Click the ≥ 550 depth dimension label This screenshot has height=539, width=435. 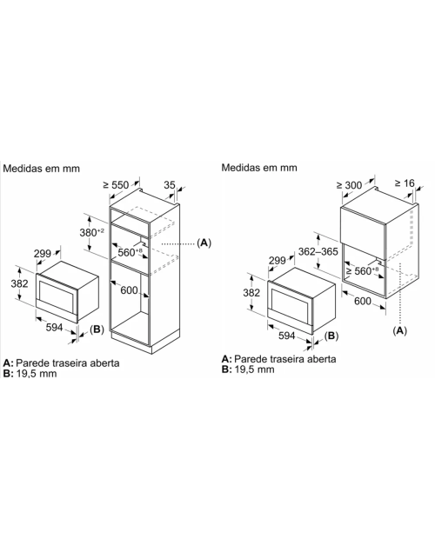pos(116,185)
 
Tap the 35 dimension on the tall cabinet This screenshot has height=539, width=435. pos(170,185)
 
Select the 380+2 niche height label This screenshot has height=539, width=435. pos(92,232)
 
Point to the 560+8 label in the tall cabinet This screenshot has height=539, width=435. pos(130,252)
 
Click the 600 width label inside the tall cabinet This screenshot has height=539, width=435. pos(129,290)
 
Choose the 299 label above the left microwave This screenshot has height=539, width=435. pos(43,253)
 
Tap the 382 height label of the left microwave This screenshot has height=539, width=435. pos(19,283)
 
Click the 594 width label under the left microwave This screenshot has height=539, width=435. pos(54,328)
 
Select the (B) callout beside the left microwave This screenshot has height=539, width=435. pos(97,329)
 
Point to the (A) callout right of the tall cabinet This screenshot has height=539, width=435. pos(204,243)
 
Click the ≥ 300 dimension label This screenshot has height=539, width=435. pos(349,185)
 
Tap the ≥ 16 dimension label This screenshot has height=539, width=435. pos(405,183)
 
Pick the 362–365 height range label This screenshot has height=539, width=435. pos(318,251)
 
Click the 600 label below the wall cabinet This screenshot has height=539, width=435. pos(363,301)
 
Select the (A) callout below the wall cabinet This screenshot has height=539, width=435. pos(399,330)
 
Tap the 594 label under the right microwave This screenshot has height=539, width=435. pos(287,336)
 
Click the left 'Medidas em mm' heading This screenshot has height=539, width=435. pos(41,168)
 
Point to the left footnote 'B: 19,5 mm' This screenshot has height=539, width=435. pos(30,373)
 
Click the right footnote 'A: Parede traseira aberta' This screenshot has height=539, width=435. pos(279,359)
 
